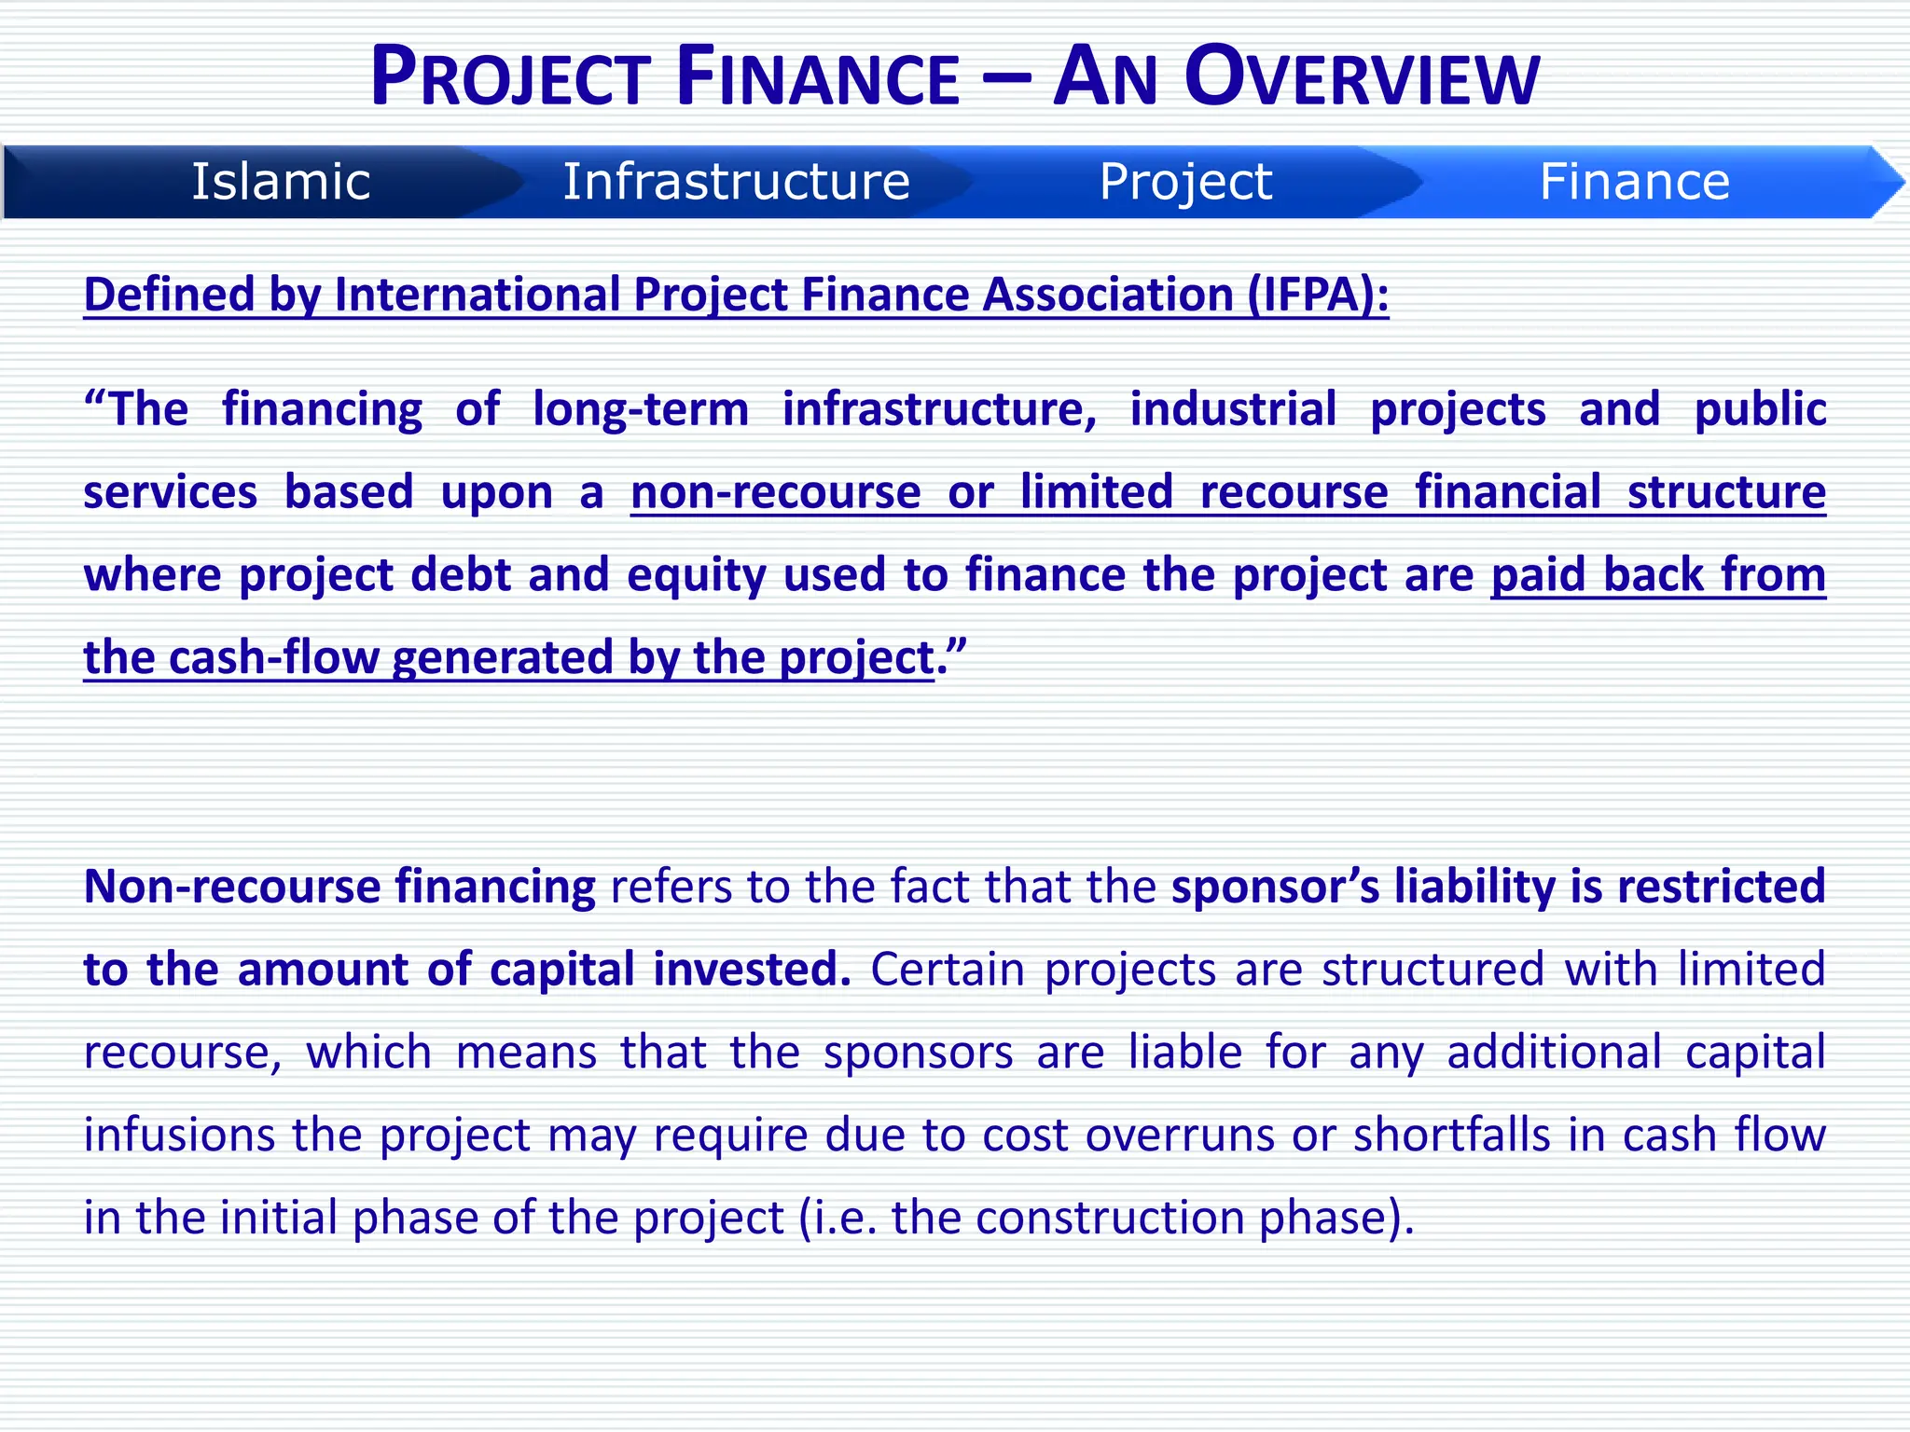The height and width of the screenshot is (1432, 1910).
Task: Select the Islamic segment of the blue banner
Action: (x=281, y=182)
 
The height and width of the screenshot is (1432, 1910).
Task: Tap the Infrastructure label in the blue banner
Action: (x=736, y=182)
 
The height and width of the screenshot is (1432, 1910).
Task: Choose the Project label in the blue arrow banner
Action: (x=1185, y=182)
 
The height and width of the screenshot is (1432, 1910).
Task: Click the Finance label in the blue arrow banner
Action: (x=1634, y=182)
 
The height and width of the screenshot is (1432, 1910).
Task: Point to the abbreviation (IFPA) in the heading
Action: (x=1318, y=295)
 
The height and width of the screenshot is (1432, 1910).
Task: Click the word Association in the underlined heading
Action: (x=1108, y=295)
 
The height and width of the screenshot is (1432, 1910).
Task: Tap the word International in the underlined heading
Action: (x=478, y=295)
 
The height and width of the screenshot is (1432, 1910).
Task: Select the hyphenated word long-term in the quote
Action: (x=640, y=409)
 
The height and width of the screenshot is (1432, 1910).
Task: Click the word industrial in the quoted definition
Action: (x=1233, y=409)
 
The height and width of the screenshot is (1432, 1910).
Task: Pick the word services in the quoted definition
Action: (x=170, y=492)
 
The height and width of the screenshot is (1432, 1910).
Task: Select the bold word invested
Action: (x=752, y=970)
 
